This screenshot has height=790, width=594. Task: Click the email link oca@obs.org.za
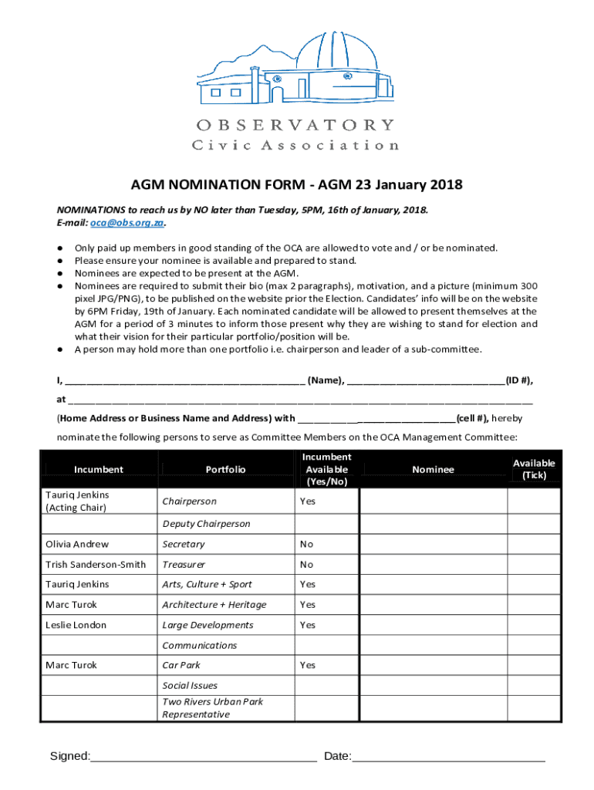pos(127,223)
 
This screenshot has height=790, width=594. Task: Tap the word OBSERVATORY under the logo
pos(296,125)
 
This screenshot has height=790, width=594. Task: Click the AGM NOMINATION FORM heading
pos(296,185)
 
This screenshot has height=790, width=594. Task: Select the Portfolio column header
pos(226,469)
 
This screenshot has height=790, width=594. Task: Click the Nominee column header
pos(433,469)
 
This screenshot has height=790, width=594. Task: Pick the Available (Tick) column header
pos(534,469)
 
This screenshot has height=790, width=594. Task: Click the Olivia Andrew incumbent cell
pos(77,544)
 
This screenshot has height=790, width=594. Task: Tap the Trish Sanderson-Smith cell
pos(96,564)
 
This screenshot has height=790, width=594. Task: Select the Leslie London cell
pos(76,625)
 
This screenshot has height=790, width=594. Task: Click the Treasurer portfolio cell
pos(184,564)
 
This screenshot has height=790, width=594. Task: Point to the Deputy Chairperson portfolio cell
pos(206,524)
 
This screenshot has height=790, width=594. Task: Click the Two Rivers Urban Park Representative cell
pos(212,708)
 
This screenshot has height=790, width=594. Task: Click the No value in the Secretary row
pos(307,544)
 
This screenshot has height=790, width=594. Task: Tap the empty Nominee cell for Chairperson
pos(433,501)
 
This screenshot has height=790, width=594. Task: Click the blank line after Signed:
pos(204,756)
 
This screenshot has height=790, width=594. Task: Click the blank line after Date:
pos(448,756)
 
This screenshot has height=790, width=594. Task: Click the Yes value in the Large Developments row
pos(308,625)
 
